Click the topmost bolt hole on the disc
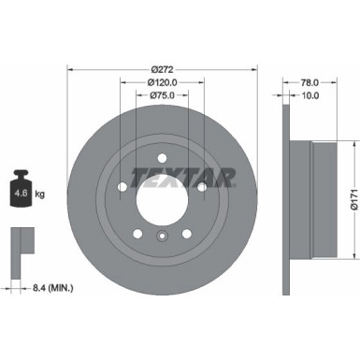(162, 157)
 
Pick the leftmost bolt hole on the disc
(122, 187)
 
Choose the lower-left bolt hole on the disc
(137, 234)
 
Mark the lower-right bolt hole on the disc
(187, 234)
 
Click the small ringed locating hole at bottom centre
(162, 240)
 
